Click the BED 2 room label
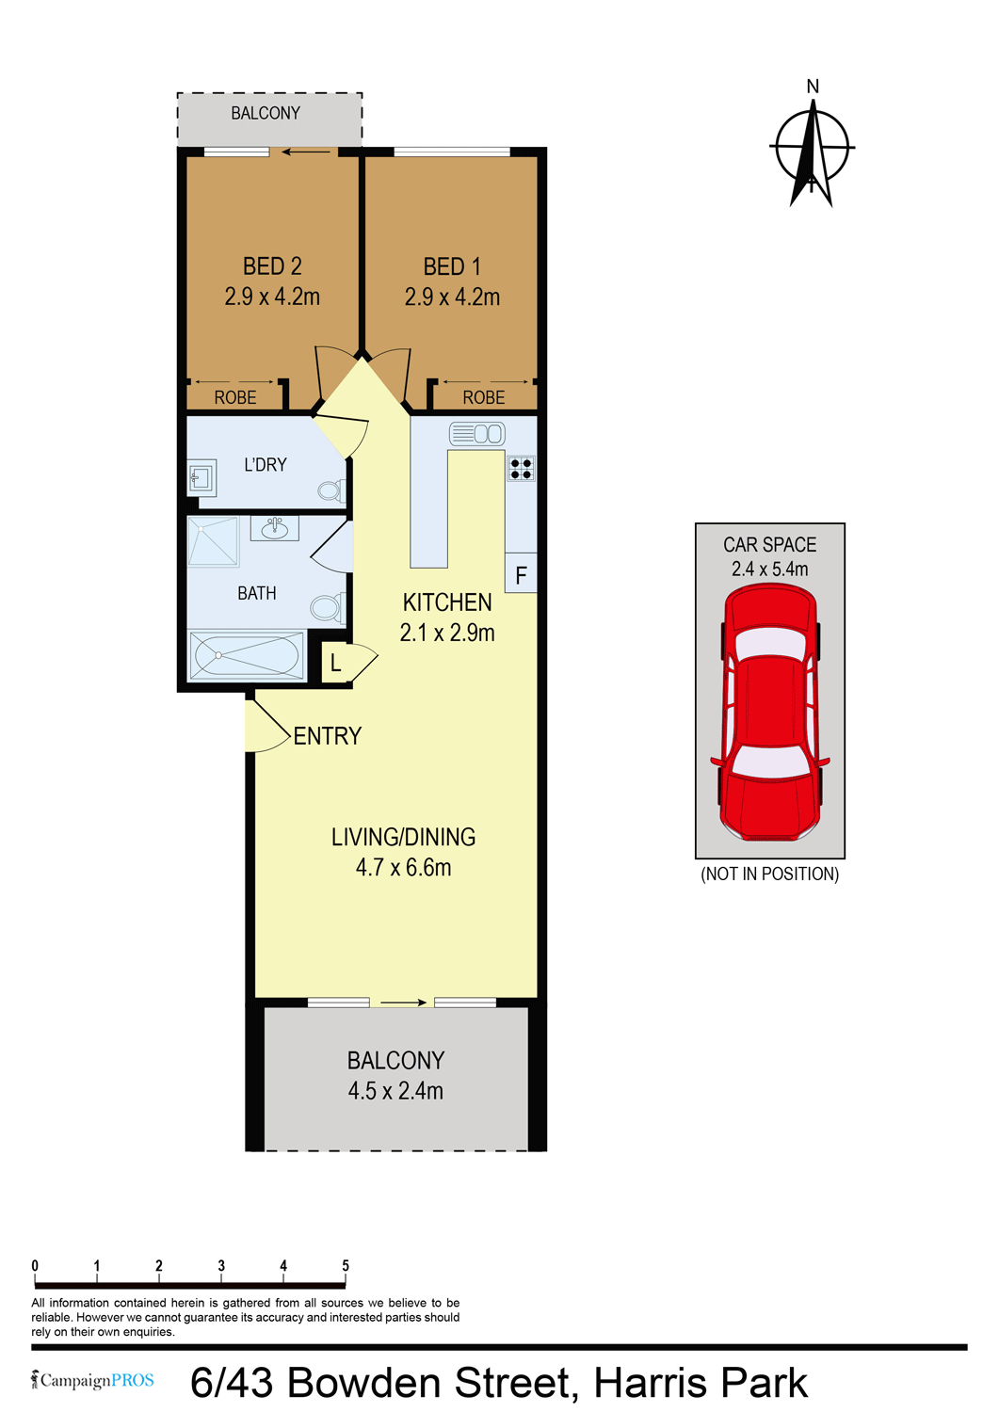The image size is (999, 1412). point(272,266)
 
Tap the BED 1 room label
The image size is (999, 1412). point(452,266)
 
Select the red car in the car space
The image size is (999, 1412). point(770,712)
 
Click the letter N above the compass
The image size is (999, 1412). point(813,87)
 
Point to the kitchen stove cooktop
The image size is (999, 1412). point(521,469)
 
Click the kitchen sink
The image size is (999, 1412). point(476,434)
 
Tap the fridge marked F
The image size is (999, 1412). point(521,573)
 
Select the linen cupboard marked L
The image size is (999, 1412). point(335,663)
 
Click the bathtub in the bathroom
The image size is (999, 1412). point(247,655)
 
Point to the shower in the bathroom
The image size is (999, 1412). point(213,541)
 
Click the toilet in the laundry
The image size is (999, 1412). point(331,490)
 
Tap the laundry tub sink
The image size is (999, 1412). point(201,477)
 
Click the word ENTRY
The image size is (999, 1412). point(328,735)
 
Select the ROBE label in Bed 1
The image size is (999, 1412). point(484,397)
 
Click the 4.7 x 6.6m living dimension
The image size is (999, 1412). point(404,867)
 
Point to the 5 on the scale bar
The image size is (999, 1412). point(345,1265)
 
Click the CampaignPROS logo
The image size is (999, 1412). point(92,1380)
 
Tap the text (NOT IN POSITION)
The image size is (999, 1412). point(770,874)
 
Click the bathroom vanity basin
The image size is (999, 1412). point(274,528)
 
